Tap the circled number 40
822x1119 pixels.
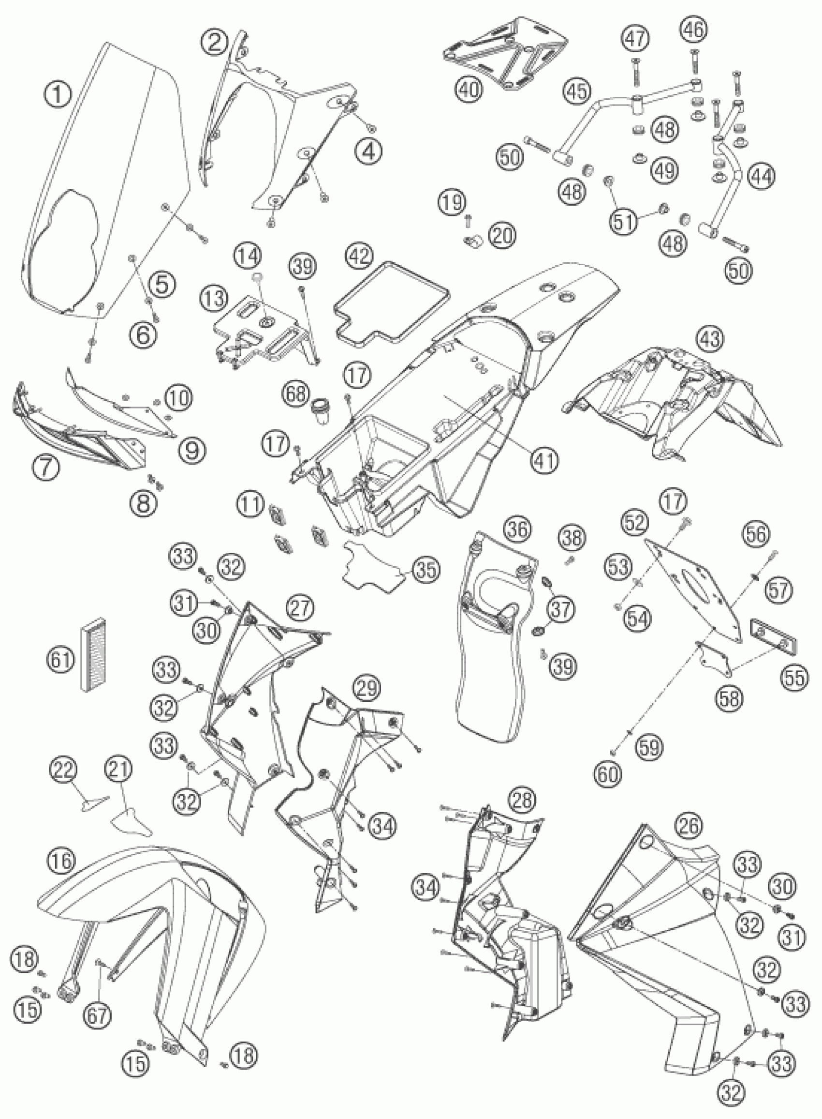pyautogui.click(x=469, y=89)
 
